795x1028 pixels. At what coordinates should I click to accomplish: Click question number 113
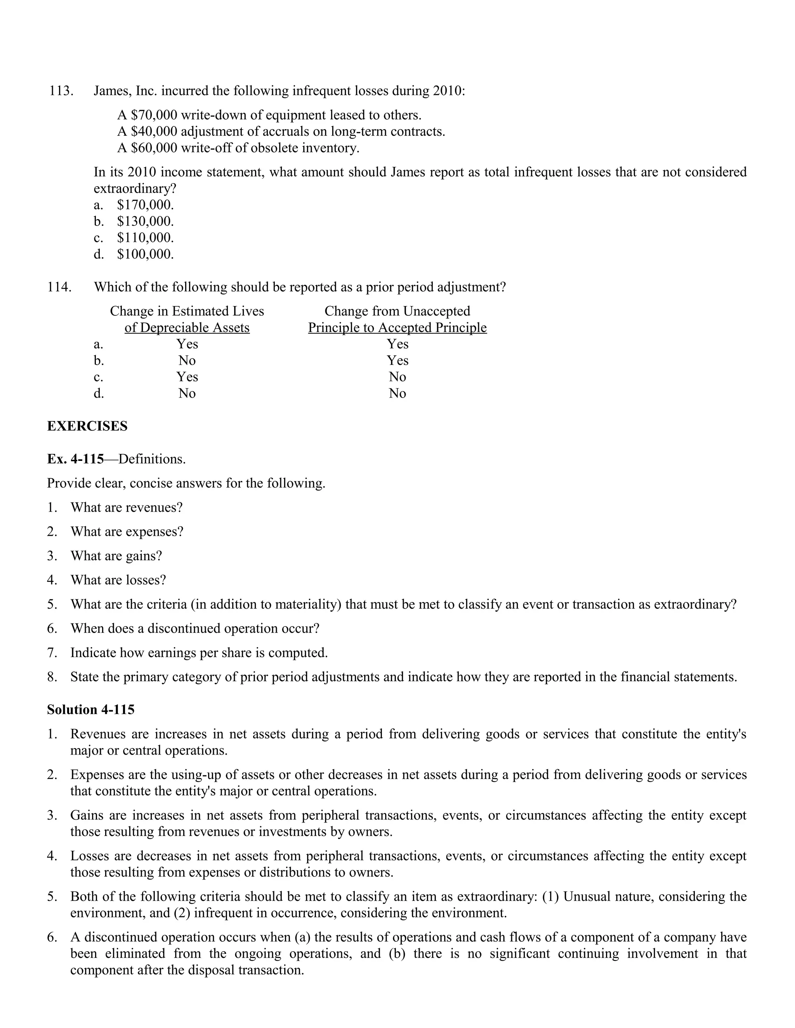click(61, 90)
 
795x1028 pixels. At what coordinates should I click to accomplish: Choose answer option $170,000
click(145, 205)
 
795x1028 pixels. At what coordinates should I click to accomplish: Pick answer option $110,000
click(145, 238)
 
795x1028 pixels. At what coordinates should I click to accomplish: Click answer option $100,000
click(145, 254)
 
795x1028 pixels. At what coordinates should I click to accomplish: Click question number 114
click(60, 287)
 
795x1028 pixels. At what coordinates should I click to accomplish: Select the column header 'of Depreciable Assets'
click(187, 328)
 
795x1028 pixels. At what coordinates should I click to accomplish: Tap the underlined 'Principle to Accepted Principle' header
click(397, 328)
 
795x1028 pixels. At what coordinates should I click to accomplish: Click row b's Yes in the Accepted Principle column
click(397, 360)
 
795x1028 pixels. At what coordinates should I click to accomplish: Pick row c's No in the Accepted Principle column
click(397, 377)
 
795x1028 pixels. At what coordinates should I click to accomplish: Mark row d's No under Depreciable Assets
click(187, 393)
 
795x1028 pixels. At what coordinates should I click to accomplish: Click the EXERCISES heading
click(87, 426)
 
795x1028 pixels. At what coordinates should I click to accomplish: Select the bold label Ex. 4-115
click(75, 459)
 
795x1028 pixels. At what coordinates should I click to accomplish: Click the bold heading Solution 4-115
click(90, 710)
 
